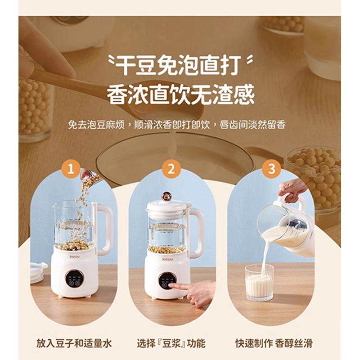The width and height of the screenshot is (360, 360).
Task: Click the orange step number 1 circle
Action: tap(70, 170)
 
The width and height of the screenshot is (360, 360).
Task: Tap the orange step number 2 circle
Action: tap(171, 170)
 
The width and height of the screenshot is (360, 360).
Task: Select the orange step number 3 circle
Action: tap(271, 170)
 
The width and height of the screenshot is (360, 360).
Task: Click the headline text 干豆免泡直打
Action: tap(180, 66)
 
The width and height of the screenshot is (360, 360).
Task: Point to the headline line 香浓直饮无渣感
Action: tap(180, 94)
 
